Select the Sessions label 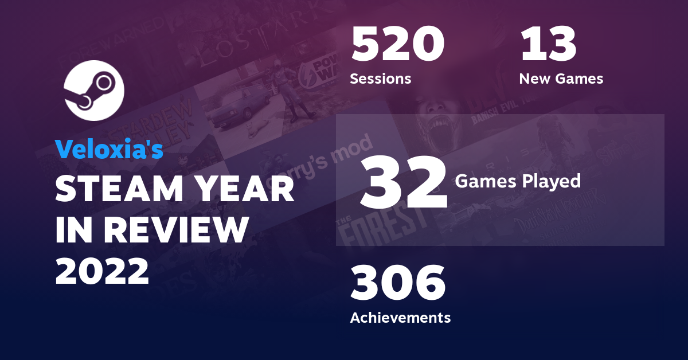[381, 79]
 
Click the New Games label [561, 79]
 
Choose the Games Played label [518, 182]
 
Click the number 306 [398, 284]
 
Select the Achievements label [400, 317]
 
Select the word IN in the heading [75, 230]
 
